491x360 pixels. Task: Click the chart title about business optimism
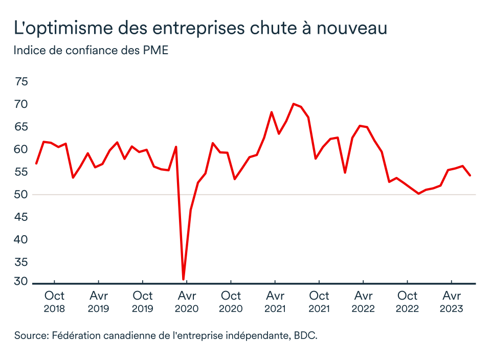coord(200,28)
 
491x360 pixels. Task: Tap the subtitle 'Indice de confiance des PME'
coord(91,51)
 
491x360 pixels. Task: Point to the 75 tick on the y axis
coord(22,82)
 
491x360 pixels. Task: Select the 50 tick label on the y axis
coord(22,195)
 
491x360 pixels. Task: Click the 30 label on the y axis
coord(22,281)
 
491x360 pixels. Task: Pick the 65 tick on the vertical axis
coord(22,127)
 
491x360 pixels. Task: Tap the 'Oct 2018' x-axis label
coord(54,302)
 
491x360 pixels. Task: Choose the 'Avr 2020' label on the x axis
coord(187,302)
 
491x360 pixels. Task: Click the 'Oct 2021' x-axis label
coord(319,302)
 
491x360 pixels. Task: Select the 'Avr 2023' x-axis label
coord(452,302)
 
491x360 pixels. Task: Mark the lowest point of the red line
coord(183,279)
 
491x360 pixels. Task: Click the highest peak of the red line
coord(293,104)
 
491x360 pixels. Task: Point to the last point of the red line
coord(470,175)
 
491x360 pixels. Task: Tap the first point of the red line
coord(36,163)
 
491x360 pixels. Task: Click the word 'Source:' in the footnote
coord(31,335)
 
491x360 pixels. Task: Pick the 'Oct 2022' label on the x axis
coord(408,302)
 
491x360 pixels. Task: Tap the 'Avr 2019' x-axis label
coord(98,302)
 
